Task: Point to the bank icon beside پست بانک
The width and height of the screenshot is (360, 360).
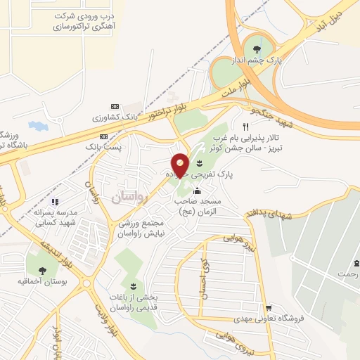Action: pyautogui.click(x=104, y=136)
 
